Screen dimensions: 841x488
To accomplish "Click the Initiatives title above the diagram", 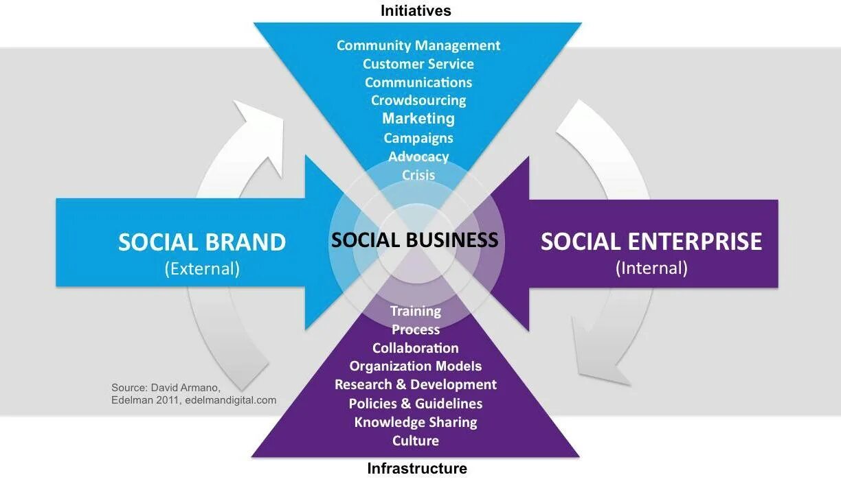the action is [x=416, y=10].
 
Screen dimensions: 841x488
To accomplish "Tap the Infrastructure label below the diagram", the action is [x=416, y=469].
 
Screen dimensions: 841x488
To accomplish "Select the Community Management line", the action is [x=418, y=45].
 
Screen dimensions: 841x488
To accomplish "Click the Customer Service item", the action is [x=418, y=64].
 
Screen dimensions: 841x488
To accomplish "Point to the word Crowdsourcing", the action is [x=418, y=100].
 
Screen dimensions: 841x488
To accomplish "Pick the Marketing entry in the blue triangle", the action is [x=418, y=118].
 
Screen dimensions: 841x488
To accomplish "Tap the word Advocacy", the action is [x=418, y=156].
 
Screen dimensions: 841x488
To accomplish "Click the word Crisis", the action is [x=418, y=175].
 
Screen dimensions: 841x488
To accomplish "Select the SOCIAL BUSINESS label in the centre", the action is [x=414, y=240].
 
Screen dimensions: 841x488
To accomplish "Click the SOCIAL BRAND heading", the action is [x=201, y=242].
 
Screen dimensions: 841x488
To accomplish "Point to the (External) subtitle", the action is [x=202, y=268].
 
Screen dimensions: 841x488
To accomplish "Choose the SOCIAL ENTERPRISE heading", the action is [x=651, y=242].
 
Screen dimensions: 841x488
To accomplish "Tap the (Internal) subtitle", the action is [x=651, y=267].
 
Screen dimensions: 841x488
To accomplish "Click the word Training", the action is [x=415, y=311].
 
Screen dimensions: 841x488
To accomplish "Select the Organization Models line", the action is [x=415, y=366].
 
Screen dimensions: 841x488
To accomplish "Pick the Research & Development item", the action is [x=415, y=384].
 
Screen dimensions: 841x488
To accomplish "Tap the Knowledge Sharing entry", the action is [x=415, y=421].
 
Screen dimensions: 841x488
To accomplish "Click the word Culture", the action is [x=415, y=440].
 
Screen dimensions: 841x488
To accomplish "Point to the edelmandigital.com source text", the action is [x=233, y=400].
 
